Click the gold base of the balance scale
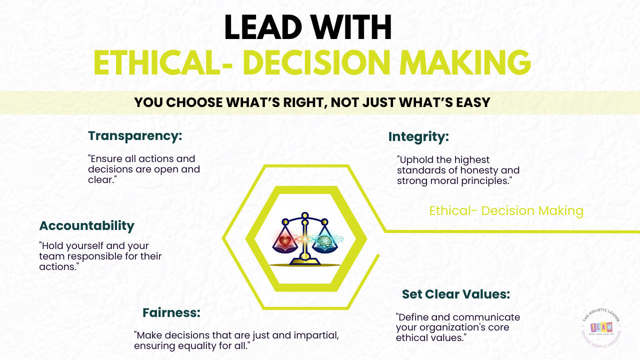point(303,260)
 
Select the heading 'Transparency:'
point(135,136)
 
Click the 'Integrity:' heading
point(419,136)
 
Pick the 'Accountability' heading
point(87,225)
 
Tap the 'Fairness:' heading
point(171,313)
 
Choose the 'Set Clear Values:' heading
point(456,294)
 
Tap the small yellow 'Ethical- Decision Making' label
point(506,211)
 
